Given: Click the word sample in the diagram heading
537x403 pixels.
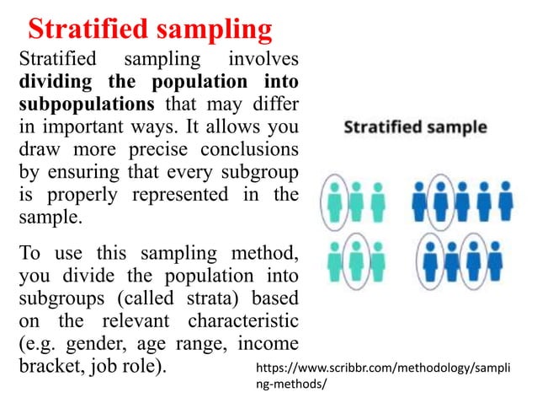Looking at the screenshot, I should point(455,128).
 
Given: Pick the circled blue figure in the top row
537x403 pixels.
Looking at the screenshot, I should point(439,201).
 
